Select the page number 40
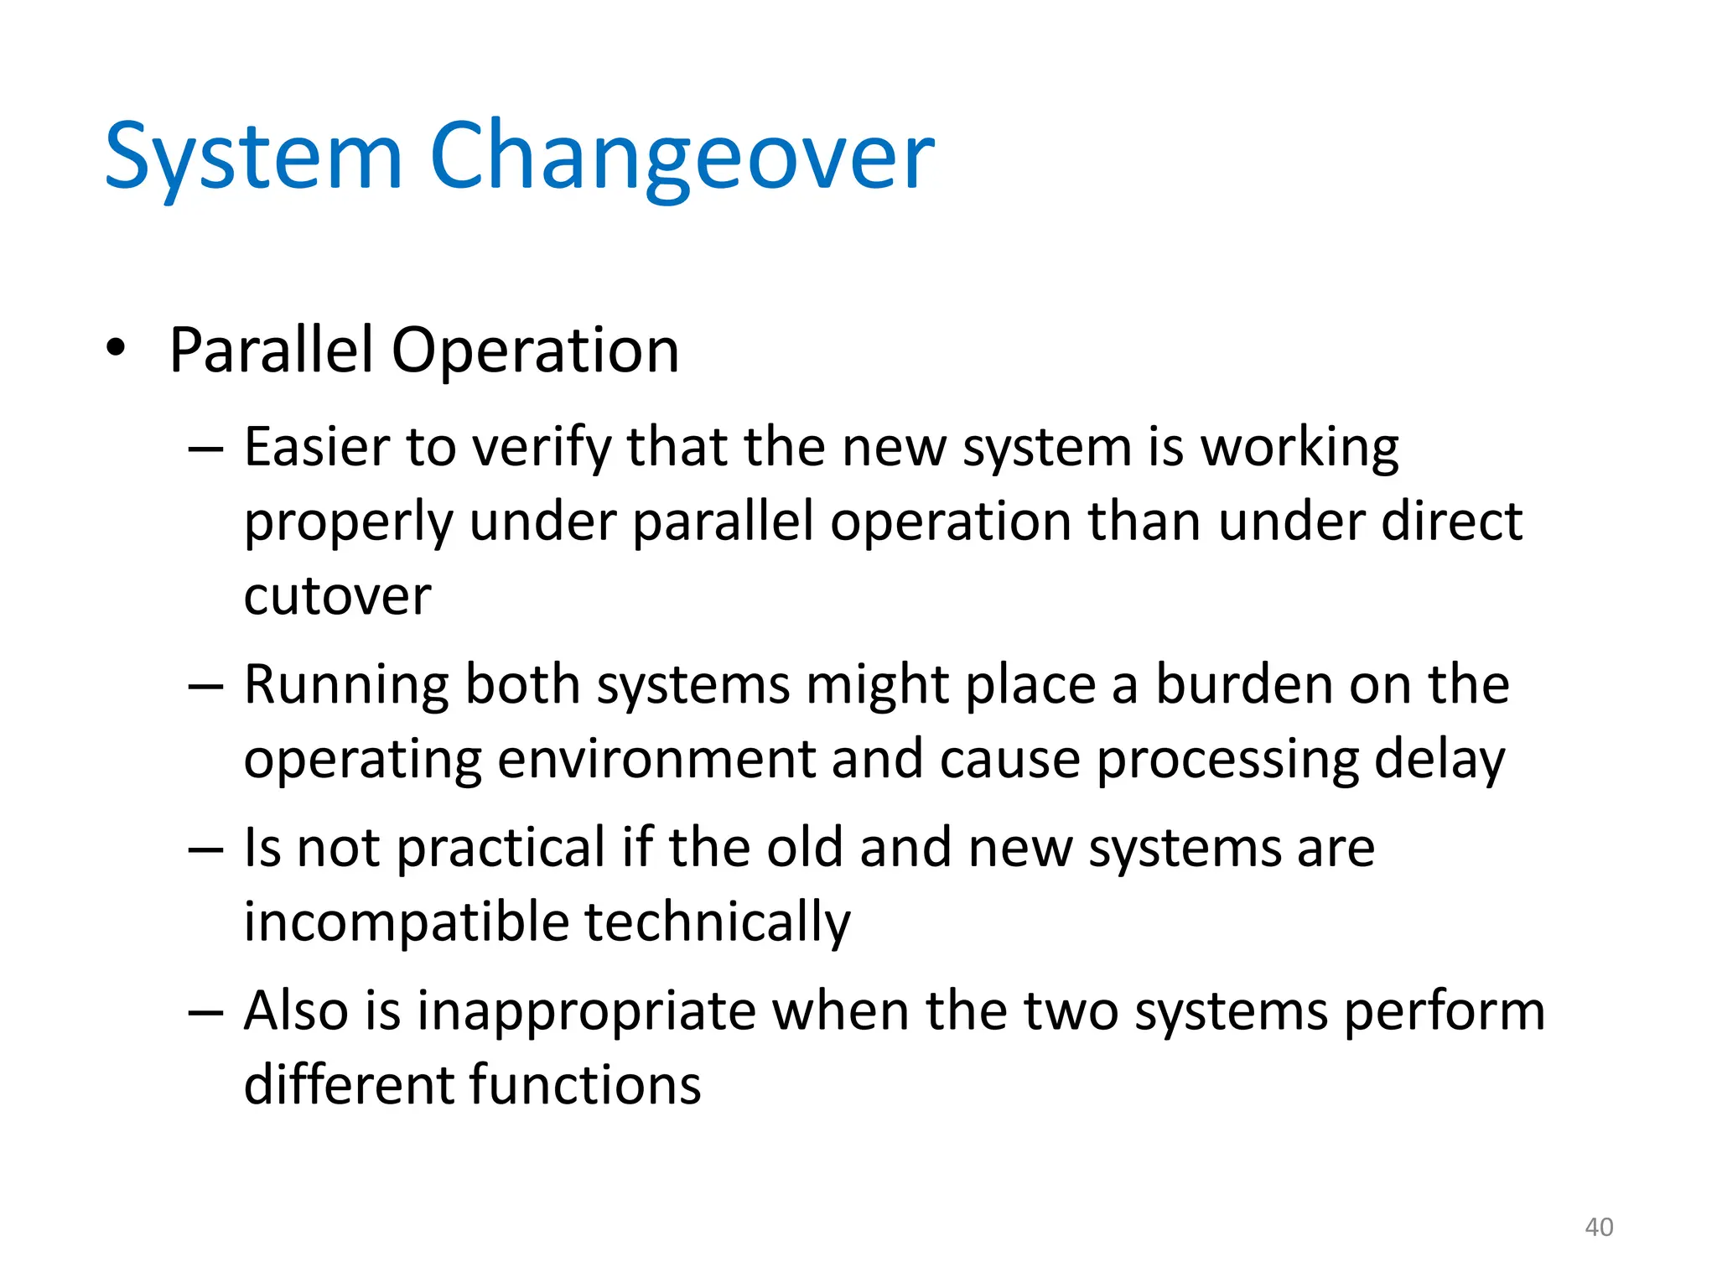click(1599, 1227)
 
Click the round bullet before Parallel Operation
click(116, 348)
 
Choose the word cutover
click(337, 596)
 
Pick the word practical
click(501, 849)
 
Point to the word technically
click(717, 922)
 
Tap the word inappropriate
click(587, 1011)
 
